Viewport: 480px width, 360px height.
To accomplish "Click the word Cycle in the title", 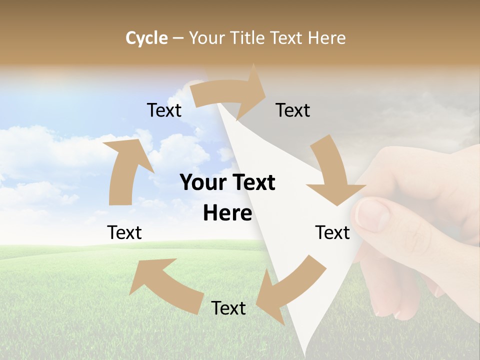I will point(146,38).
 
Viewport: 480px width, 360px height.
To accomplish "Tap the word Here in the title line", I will point(326,38).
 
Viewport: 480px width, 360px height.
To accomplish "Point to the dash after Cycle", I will point(178,38).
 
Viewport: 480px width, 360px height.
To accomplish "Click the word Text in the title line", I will point(289,38).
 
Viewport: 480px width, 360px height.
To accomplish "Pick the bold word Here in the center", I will point(227,213).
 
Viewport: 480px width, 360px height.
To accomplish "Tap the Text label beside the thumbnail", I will point(332,232).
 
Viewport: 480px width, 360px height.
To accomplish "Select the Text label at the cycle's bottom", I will point(228,308).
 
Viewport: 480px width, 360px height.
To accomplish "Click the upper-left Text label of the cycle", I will point(164,110).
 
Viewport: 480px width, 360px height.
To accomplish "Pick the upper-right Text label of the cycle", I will point(293,110).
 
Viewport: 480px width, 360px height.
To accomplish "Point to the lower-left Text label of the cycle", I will point(124,232).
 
